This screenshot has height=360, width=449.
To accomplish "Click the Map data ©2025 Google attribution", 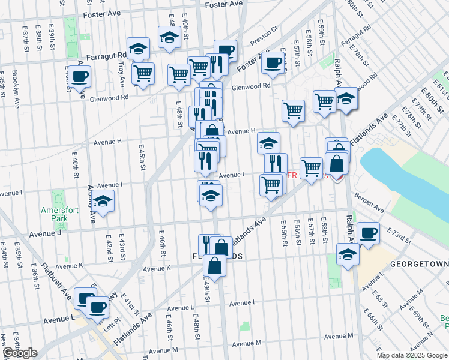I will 411,355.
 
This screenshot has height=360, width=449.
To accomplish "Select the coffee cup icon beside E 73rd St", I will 367,232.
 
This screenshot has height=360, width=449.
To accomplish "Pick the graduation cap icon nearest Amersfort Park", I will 104,202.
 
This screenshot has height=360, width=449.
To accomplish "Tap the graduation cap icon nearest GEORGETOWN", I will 348,254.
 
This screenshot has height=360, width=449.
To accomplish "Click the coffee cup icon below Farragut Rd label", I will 79,77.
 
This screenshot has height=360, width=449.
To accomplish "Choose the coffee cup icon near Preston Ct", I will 273,62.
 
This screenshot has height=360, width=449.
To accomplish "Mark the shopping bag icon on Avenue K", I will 214,266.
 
